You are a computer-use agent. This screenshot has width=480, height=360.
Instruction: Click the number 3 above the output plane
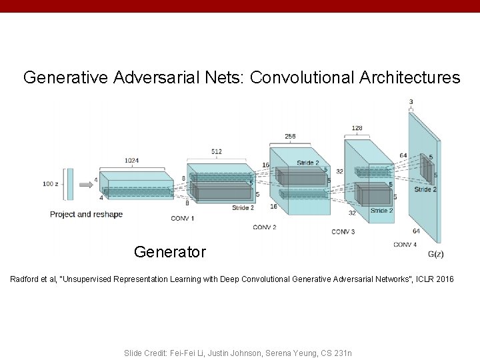410,101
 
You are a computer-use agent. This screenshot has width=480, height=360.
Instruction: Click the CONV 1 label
183,218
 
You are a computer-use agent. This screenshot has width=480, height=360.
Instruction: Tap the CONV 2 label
265,227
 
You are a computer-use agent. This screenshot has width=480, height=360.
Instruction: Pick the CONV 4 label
405,244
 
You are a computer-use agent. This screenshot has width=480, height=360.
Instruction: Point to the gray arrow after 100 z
85,183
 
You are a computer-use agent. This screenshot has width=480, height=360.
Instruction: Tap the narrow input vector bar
68,183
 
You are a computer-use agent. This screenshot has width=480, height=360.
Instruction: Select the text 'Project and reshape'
87,214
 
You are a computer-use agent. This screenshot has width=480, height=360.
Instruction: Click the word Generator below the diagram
170,252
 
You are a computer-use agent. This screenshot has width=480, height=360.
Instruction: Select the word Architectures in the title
408,78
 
